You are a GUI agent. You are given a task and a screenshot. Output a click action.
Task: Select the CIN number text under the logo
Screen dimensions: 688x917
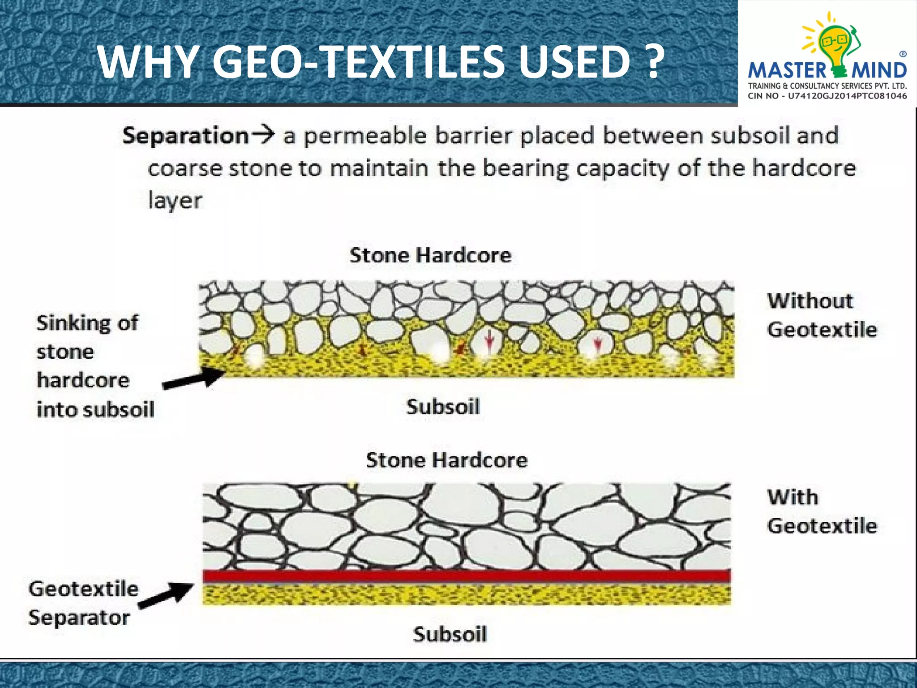coord(827,95)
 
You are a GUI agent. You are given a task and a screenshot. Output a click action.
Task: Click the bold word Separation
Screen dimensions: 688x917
coord(185,135)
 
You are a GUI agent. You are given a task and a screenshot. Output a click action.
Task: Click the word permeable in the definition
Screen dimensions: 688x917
coord(365,136)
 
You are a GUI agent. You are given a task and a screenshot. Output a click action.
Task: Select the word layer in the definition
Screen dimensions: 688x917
coord(175,200)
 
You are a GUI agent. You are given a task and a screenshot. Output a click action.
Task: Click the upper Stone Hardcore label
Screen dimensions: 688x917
coord(430,255)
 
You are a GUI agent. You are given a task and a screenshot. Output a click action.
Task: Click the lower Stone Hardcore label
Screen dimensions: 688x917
coord(446,460)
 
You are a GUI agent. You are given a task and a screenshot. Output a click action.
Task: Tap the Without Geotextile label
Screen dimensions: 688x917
coord(822,315)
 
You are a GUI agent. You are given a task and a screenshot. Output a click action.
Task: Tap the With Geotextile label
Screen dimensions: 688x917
coord(822,511)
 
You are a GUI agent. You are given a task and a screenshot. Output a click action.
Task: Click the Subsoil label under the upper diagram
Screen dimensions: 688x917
coord(443,407)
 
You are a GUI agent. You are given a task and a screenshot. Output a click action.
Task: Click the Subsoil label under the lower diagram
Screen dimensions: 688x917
coord(450,634)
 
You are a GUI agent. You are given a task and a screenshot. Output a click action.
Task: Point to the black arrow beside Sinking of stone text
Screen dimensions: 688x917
coord(193,378)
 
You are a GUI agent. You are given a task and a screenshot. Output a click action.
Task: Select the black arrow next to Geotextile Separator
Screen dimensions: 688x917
coord(166,595)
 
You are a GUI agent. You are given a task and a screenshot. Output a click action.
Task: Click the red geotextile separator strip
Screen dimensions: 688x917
coord(466,576)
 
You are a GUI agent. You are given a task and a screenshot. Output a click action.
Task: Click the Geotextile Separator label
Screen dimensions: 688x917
coord(83,603)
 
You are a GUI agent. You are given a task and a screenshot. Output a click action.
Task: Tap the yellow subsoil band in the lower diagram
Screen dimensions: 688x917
coord(466,594)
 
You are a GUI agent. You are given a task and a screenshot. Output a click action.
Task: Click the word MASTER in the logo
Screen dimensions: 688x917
coord(787,70)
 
